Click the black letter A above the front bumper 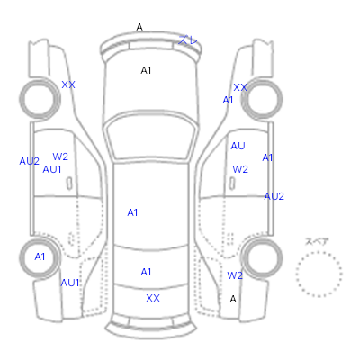[x=139, y=27]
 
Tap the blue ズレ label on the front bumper [x=188, y=40]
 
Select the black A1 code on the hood [x=146, y=70]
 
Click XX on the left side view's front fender [x=68, y=85]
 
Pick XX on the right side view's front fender [x=240, y=87]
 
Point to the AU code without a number [x=238, y=146]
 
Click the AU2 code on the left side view [x=29, y=161]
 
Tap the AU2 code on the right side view [x=274, y=196]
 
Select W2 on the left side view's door [x=60, y=157]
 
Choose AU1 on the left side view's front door [x=52, y=169]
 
